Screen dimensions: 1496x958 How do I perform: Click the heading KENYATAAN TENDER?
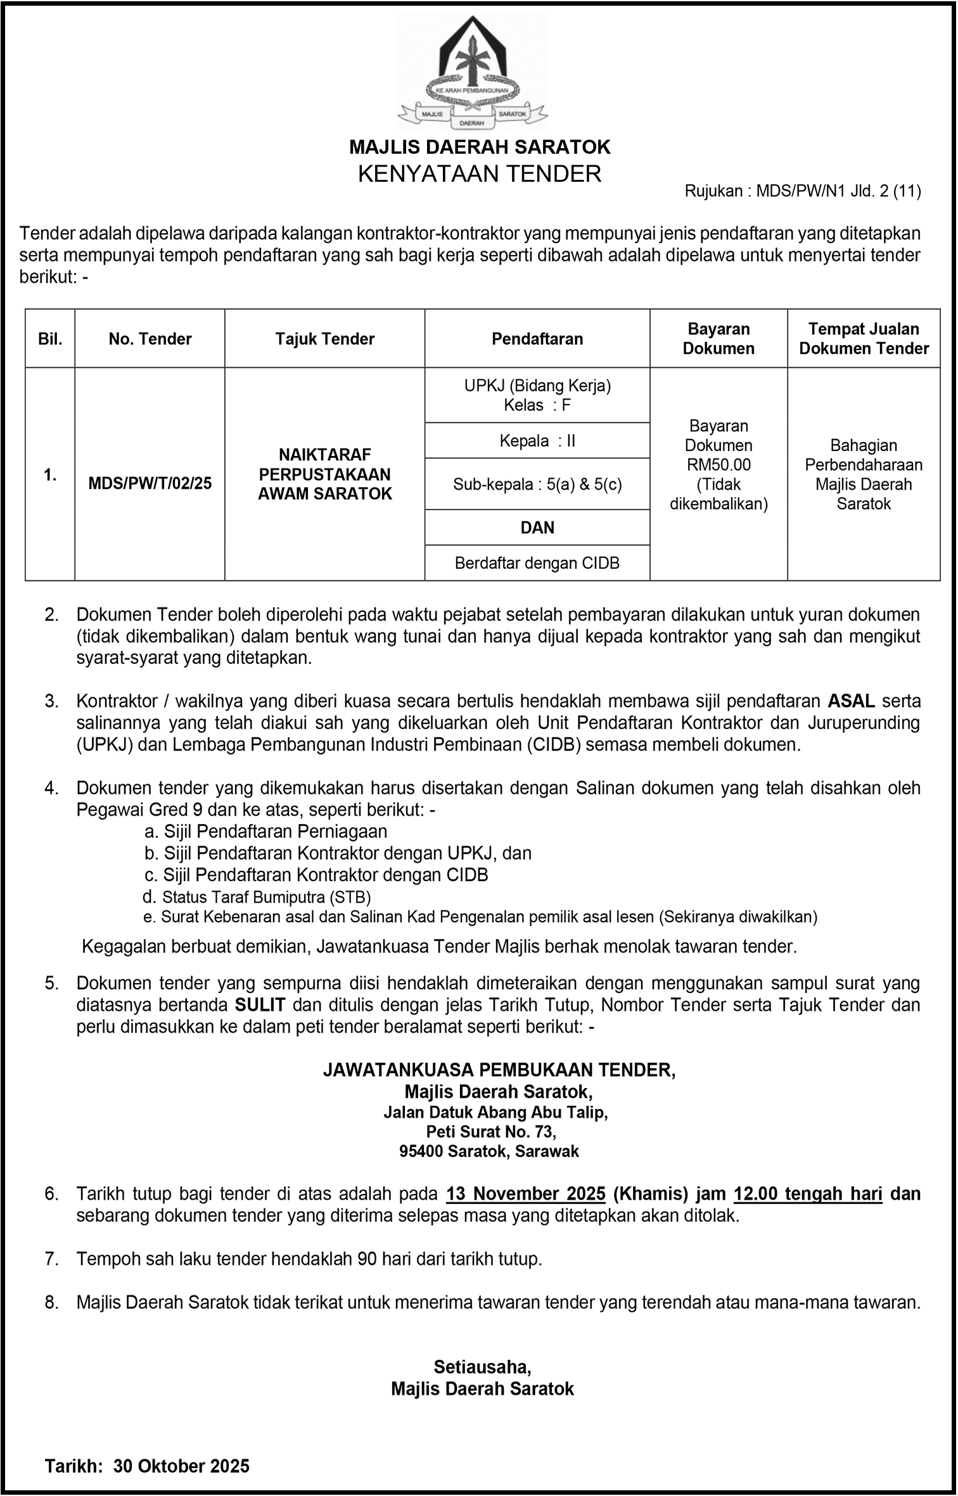[x=479, y=174]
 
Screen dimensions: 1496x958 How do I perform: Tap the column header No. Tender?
[x=150, y=339]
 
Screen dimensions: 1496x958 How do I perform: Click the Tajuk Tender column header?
[x=324, y=339]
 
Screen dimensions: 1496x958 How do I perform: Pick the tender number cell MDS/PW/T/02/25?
[x=150, y=483]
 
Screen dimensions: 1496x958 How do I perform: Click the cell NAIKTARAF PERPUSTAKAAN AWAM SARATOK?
[x=324, y=474]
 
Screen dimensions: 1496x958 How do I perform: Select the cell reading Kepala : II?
[x=537, y=441]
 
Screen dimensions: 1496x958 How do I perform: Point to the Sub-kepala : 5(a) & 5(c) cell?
[x=537, y=485]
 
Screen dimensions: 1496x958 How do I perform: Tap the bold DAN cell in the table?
[x=537, y=528]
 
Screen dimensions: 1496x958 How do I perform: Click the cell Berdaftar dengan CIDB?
[x=537, y=563]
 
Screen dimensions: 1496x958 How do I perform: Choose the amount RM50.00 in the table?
[x=718, y=465]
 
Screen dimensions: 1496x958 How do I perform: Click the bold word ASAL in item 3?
[x=852, y=701]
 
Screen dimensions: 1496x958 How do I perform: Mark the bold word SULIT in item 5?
[x=260, y=1005]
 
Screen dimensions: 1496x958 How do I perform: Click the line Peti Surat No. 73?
[x=491, y=1132]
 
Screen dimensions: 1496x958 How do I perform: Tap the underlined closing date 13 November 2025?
[x=526, y=1194]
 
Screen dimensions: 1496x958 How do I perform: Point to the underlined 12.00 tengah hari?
[x=808, y=1194]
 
